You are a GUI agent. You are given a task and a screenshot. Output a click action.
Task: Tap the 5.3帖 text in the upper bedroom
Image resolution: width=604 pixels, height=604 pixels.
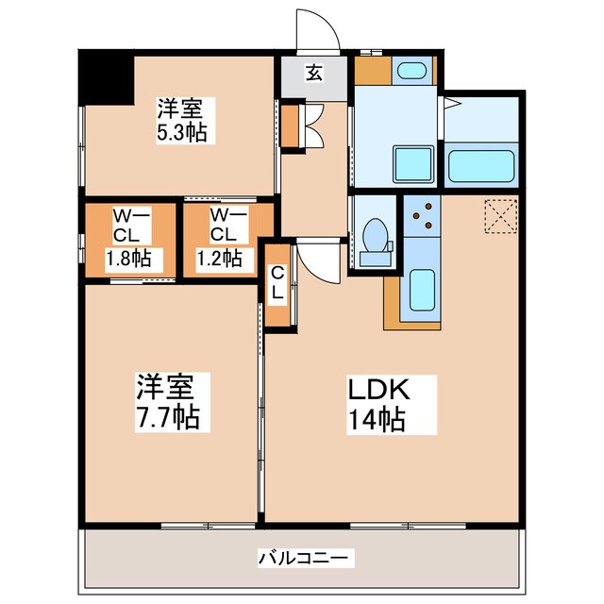(182, 131)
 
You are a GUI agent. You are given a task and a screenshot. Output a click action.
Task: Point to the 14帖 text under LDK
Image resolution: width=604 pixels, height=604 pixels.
(379, 419)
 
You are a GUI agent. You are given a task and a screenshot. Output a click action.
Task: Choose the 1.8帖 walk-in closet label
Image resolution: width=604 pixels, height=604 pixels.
(129, 257)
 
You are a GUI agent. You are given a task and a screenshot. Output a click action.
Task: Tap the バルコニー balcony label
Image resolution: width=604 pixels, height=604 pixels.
(304, 558)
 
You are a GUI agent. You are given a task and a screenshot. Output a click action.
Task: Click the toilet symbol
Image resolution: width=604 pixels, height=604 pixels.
(375, 236)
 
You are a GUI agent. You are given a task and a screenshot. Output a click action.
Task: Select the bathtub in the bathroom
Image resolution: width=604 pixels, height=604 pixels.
(481, 165)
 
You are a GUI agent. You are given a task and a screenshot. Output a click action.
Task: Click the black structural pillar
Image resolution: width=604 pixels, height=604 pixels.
(103, 76)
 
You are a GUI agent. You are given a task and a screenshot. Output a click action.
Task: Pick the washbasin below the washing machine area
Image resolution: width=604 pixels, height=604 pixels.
(411, 165)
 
